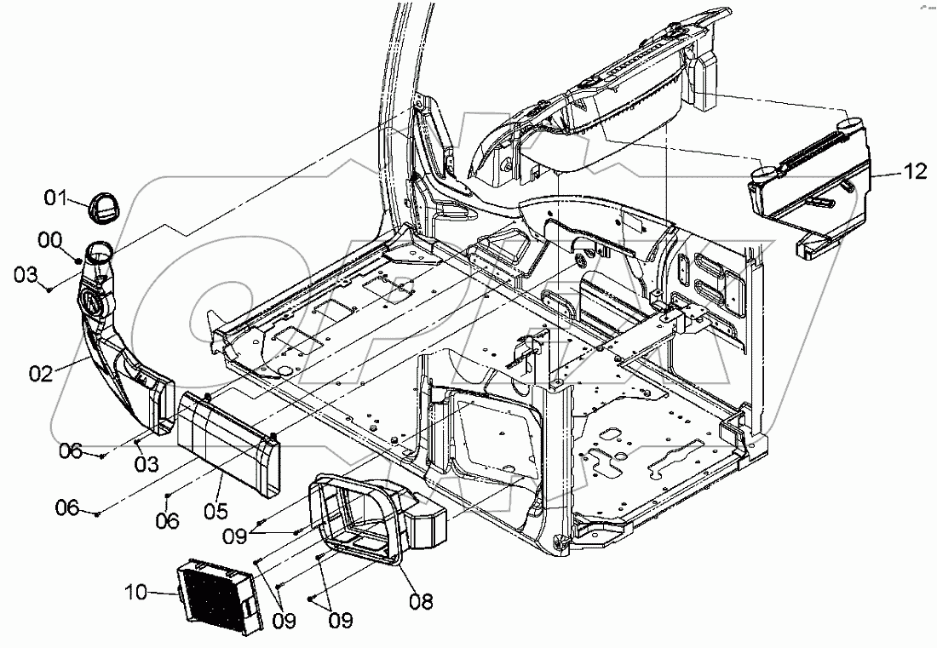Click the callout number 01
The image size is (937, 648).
point(55,200)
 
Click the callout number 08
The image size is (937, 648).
point(420,601)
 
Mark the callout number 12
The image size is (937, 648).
point(914,173)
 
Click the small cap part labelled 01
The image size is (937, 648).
point(103,206)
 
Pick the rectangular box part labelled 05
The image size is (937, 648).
point(228,444)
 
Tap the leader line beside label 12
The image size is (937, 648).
point(886,174)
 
